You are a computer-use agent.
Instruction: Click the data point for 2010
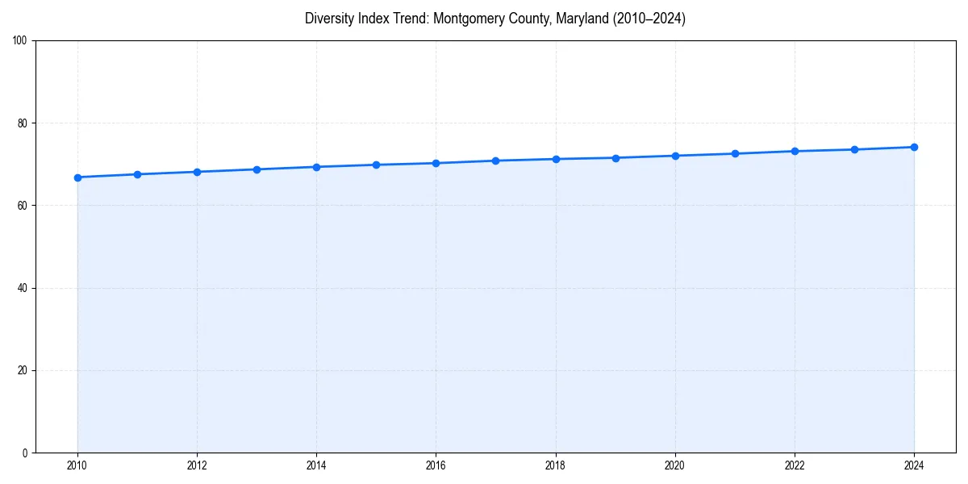[x=77, y=177]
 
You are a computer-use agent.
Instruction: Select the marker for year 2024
[x=914, y=147]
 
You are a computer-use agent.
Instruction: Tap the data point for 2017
[x=495, y=161]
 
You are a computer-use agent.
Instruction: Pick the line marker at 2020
[x=675, y=156]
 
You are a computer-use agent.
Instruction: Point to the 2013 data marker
[x=257, y=169]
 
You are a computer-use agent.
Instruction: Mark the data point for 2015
[x=376, y=165]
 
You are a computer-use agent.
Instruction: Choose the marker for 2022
[x=795, y=151]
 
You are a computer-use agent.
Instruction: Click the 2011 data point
[x=137, y=174]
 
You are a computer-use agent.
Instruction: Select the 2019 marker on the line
[x=615, y=158]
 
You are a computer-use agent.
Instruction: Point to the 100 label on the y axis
[x=20, y=40]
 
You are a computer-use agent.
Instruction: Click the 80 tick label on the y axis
[x=23, y=123]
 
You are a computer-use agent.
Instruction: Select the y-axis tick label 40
[x=23, y=288]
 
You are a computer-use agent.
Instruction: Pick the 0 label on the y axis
[x=25, y=453]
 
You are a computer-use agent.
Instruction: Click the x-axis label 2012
[x=197, y=465]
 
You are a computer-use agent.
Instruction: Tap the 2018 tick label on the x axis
[x=555, y=465]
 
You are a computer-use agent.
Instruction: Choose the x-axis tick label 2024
[x=914, y=465]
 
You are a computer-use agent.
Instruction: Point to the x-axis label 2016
[x=436, y=465]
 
